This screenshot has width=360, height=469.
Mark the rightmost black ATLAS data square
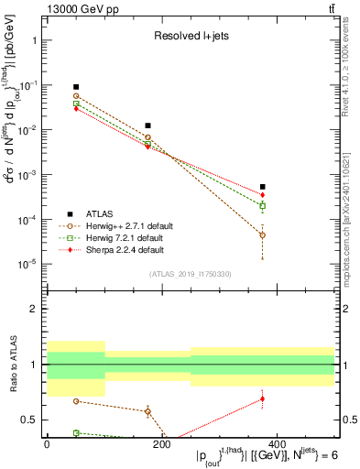(x=262, y=187)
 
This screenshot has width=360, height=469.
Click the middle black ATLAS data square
(x=147, y=125)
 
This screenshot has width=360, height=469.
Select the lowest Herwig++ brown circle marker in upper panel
(x=262, y=235)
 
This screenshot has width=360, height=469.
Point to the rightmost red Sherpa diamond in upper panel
(x=262, y=195)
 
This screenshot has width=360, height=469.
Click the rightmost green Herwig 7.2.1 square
(x=262, y=206)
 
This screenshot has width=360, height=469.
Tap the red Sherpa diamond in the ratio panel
(x=262, y=398)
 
